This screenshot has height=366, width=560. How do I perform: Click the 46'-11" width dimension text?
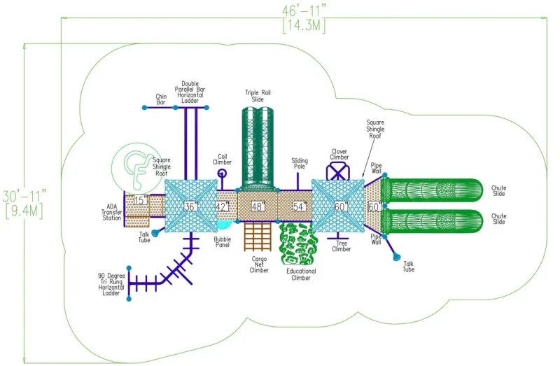coord(304,10)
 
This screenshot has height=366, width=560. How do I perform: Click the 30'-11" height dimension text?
coord(24,196)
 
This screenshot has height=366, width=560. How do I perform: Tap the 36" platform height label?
coord(190,206)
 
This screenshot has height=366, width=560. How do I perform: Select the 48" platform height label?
coord(258,206)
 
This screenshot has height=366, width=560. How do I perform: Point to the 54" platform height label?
coord(300,206)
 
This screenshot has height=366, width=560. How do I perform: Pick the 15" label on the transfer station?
coord(141,200)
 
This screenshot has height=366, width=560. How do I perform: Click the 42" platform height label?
coord(222,206)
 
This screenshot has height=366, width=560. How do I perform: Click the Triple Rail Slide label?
coord(258,96)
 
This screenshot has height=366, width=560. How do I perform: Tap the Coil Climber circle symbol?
coord(222,174)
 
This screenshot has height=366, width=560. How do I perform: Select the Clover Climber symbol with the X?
coord(337,171)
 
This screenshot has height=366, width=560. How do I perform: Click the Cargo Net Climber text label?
coord(259,265)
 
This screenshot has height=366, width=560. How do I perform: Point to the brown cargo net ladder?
coord(258,236)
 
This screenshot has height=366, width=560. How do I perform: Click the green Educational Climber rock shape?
coord(298,243)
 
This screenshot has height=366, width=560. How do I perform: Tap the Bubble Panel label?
coord(222,242)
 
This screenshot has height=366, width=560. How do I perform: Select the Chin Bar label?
coord(161,99)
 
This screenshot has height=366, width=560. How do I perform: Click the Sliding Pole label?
coord(300,164)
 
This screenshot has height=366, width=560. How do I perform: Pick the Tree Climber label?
coord(342,246)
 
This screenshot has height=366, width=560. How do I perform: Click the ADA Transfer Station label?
coord(111,212)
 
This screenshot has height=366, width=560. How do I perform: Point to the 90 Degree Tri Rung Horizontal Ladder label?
coord(111,285)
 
